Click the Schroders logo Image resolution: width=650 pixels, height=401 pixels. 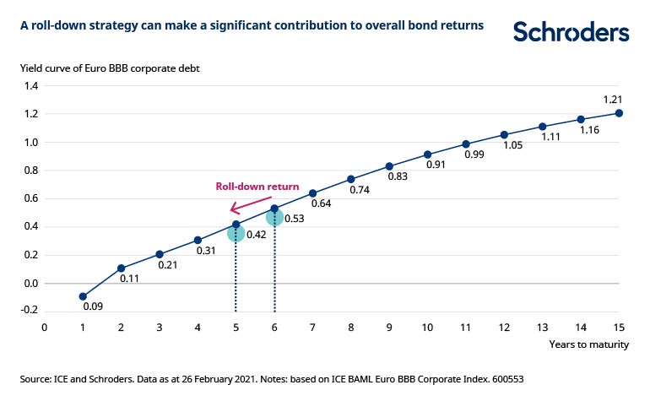[571, 32]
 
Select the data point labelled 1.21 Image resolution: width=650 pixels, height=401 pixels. [620, 113]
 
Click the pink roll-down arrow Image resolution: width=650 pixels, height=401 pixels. [257, 203]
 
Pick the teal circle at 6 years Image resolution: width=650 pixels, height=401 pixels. [274, 218]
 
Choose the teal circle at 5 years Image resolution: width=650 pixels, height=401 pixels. [236, 232]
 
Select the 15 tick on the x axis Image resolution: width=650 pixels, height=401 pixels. [619, 327]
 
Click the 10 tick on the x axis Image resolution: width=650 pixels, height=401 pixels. [427, 327]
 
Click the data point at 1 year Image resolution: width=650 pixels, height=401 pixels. [83, 296]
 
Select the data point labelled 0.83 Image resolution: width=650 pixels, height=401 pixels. [389, 166]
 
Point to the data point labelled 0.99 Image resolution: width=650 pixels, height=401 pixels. [466, 144]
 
